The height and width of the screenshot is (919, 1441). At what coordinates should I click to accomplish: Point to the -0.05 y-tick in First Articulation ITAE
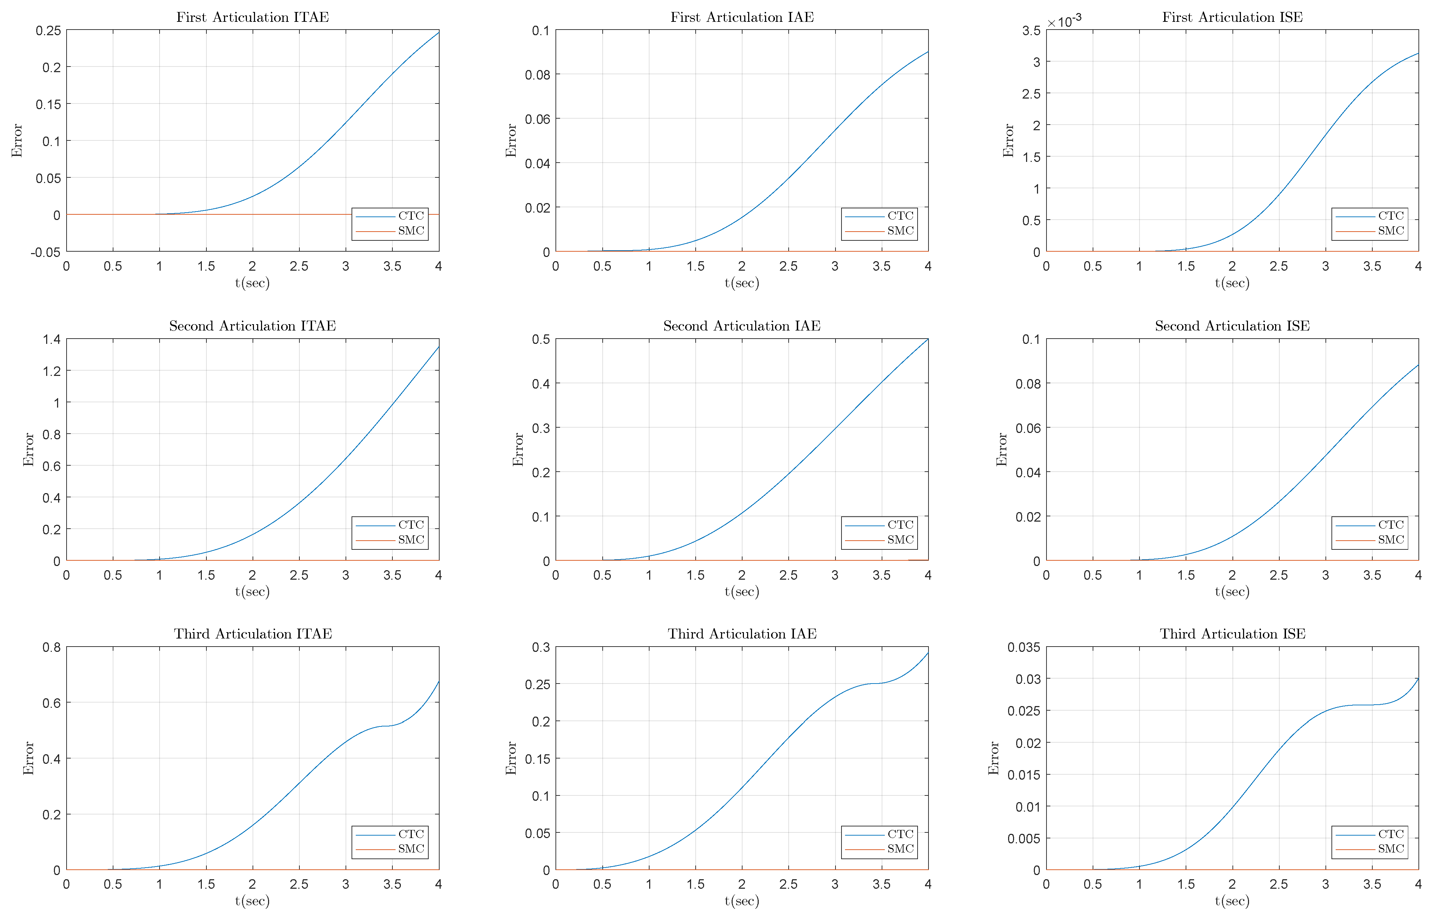click(46, 252)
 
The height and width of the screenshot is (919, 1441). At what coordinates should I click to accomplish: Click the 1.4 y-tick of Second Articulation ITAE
click(51, 340)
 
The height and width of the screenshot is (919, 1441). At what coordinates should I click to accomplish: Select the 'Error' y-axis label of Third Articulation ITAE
click(28, 758)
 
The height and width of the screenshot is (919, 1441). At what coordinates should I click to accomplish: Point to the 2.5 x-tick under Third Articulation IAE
click(788, 884)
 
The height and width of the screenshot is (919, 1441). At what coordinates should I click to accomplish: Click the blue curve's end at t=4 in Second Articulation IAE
click(927, 340)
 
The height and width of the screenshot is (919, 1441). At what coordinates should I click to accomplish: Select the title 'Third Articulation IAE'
click(742, 634)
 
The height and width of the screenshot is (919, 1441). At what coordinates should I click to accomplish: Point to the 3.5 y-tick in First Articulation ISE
click(1031, 31)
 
